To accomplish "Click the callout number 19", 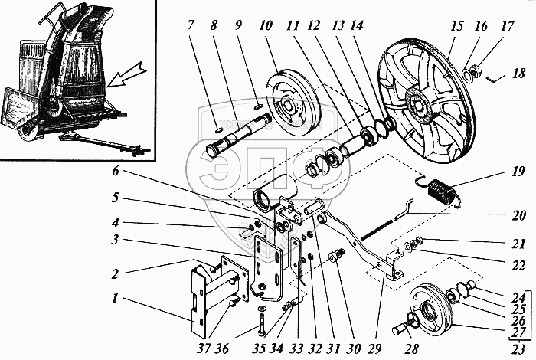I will [518, 172].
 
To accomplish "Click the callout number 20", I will [518, 215].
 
